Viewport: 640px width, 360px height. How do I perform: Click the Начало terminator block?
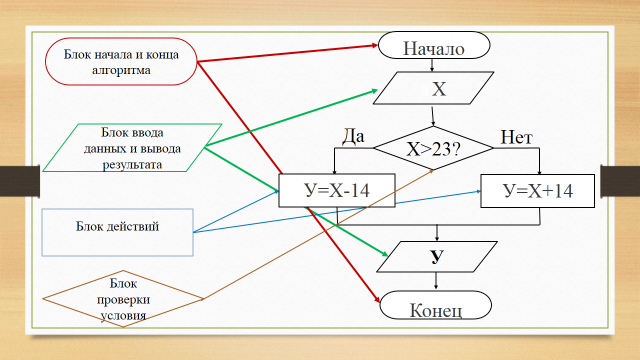click(434, 45)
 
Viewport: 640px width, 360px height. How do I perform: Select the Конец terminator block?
click(436, 305)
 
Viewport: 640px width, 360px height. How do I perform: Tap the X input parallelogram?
click(433, 88)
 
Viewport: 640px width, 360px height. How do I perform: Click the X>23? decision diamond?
click(433, 148)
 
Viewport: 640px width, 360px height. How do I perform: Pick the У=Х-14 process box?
click(337, 191)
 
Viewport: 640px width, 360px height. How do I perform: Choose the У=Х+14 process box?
click(538, 191)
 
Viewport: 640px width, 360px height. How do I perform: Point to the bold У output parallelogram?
click(437, 257)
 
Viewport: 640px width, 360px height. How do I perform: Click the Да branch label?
click(353, 137)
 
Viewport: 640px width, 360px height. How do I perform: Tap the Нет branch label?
click(517, 138)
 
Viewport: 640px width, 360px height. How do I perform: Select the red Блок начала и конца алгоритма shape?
click(121, 62)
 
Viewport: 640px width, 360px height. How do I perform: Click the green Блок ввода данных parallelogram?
click(132, 148)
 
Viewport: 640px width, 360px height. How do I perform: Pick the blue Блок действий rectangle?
click(118, 233)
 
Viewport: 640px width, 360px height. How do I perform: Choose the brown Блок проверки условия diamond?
click(123, 299)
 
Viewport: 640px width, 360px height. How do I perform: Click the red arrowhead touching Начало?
click(373, 46)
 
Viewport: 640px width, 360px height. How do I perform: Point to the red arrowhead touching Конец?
click(376, 299)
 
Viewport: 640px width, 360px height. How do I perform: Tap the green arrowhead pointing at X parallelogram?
click(373, 91)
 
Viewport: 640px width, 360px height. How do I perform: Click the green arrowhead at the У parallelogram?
click(384, 253)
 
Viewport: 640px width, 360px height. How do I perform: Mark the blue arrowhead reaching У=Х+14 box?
click(478, 191)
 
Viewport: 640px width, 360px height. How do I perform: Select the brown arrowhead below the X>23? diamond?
click(431, 172)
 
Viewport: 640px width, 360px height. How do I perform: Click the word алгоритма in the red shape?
click(121, 70)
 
